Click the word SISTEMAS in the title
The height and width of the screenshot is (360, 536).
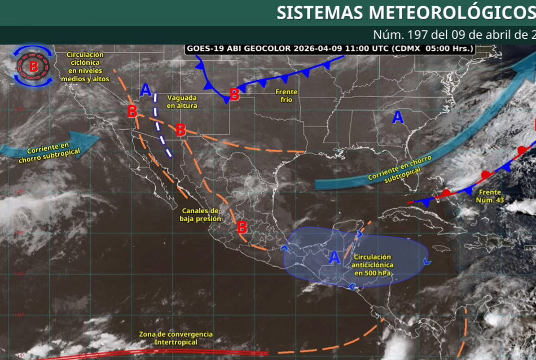[319, 12]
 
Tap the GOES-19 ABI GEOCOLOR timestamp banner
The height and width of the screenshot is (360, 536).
[330, 49]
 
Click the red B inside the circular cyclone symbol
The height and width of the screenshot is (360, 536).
[34, 67]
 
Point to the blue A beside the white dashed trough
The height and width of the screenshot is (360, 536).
[146, 89]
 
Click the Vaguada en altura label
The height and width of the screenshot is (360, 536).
[182, 102]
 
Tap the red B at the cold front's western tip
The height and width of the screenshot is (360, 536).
[234, 95]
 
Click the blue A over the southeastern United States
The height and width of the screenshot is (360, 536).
[398, 117]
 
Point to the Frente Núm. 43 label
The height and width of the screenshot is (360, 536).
[489, 196]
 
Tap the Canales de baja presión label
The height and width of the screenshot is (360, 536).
[200, 214]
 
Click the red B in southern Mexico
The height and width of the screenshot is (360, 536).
[242, 227]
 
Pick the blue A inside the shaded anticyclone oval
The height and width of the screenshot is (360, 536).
[335, 257]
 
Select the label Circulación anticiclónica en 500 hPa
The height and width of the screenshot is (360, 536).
[373, 265]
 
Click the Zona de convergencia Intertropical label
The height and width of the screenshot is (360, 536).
[176, 338]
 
